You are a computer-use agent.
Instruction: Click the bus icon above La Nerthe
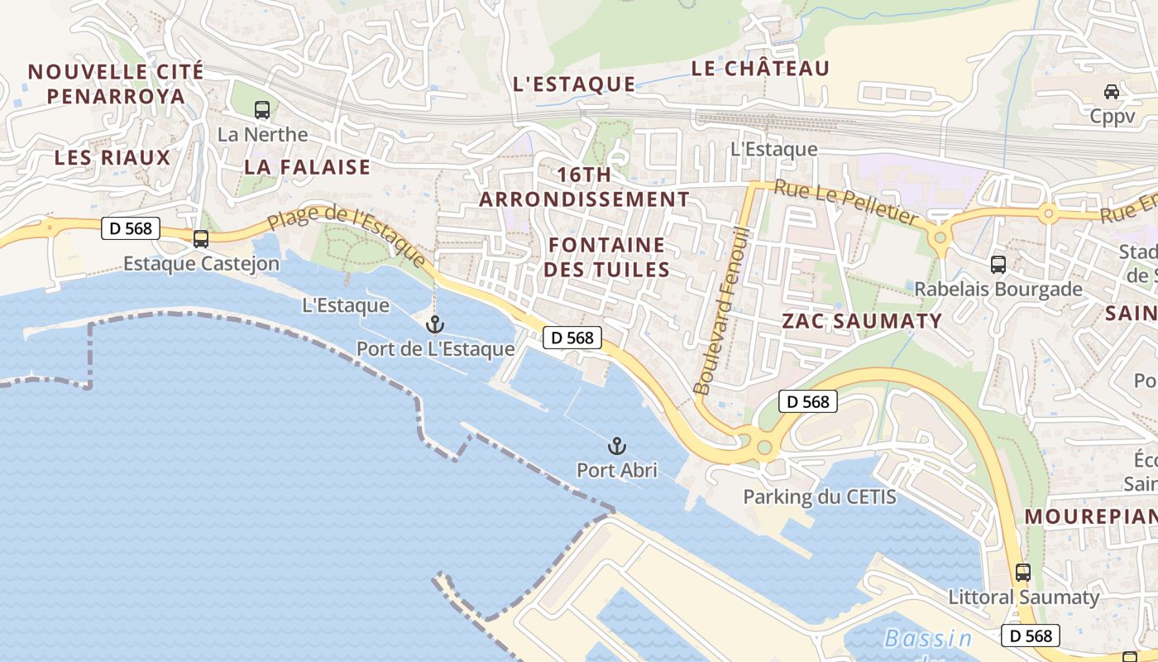coord(261,109)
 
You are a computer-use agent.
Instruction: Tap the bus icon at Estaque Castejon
coord(200,239)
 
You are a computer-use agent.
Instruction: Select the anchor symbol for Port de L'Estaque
coord(435,324)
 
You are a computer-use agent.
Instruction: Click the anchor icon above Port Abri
coord(616,446)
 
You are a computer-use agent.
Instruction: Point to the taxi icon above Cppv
coord(1112,92)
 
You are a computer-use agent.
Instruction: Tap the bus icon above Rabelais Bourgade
coord(998,265)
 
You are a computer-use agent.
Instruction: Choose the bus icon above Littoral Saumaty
coord(1023,572)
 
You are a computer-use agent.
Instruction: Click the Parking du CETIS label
coord(819,497)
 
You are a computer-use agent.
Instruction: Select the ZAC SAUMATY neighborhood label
coord(862,321)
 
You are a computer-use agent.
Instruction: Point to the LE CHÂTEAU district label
coord(759,69)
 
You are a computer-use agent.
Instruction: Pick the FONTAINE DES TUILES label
coord(607,257)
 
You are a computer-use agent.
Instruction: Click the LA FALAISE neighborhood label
coord(307,167)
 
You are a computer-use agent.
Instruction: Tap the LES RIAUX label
coord(112,158)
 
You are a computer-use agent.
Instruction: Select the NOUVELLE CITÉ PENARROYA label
coord(116,84)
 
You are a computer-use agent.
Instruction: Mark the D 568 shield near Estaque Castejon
coord(131,228)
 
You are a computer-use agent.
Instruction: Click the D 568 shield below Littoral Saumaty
coord(1031,636)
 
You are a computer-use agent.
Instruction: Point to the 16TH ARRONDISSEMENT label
coord(584,187)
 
